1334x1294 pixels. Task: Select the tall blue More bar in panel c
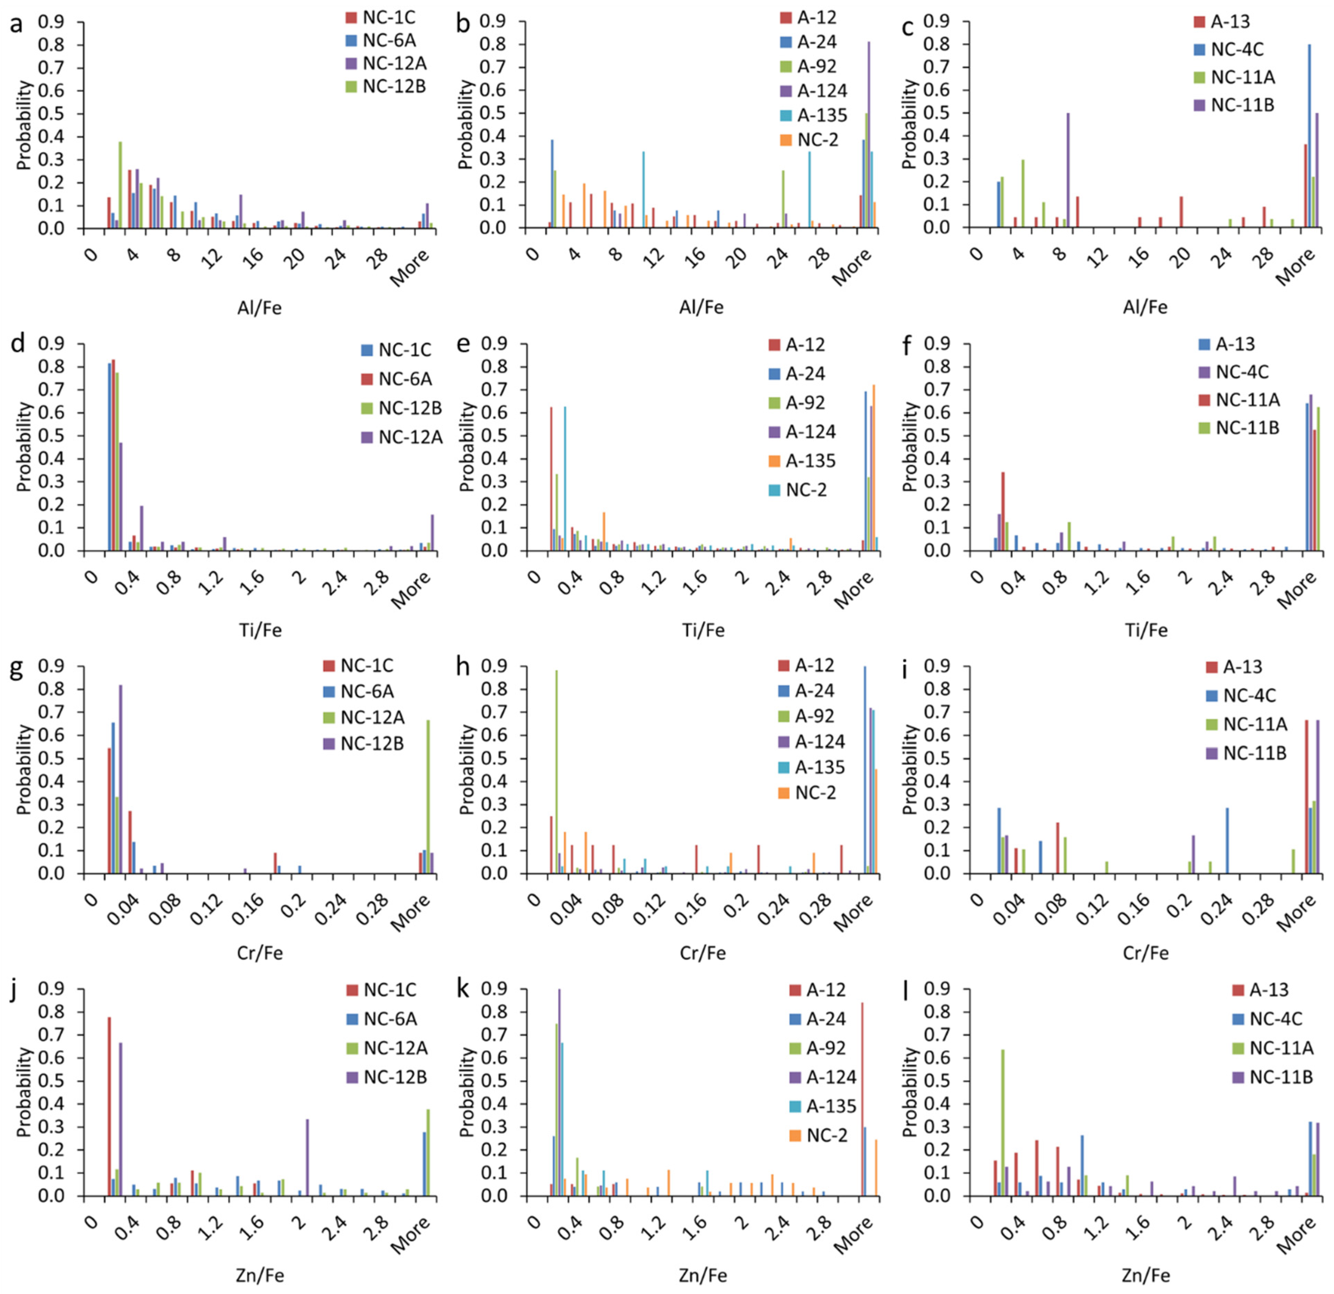pyautogui.click(x=1309, y=136)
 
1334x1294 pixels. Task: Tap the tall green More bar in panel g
pyautogui.click(x=427, y=796)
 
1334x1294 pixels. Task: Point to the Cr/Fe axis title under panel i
pyautogui.click(x=1145, y=952)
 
